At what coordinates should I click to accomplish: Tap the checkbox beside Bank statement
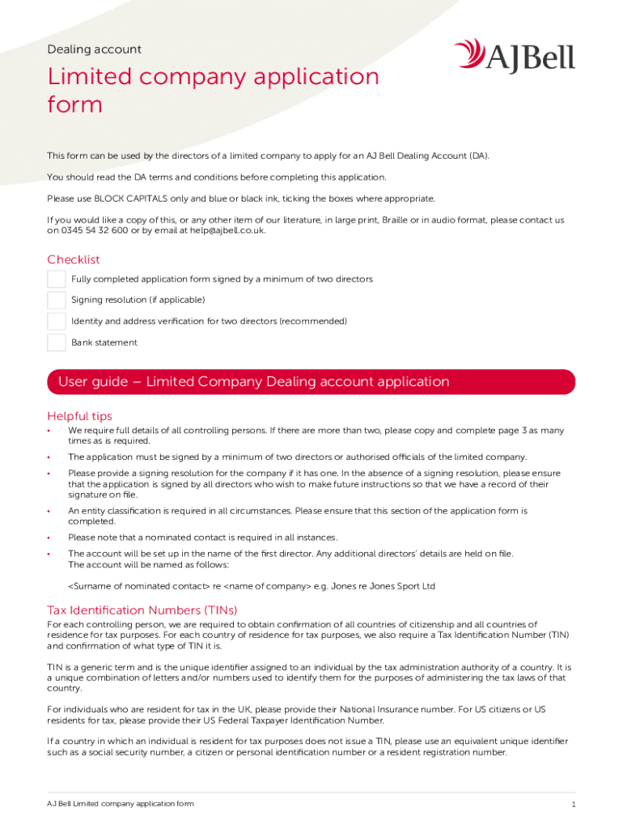(57, 342)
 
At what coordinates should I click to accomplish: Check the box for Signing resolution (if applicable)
(57, 300)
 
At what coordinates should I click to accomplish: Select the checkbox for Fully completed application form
(57, 279)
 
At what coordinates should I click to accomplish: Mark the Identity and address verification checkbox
(57, 321)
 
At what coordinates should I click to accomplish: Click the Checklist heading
(74, 260)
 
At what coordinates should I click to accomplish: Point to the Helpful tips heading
(79, 416)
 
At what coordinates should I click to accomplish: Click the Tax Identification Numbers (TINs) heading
(142, 610)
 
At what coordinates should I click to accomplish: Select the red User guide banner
(311, 382)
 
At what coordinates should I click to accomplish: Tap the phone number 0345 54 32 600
(94, 230)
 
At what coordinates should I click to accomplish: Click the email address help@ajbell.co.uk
(227, 230)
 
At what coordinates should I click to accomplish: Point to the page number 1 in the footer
(573, 805)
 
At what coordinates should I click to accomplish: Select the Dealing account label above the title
(94, 49)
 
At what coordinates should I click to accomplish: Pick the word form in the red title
(75, 104)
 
